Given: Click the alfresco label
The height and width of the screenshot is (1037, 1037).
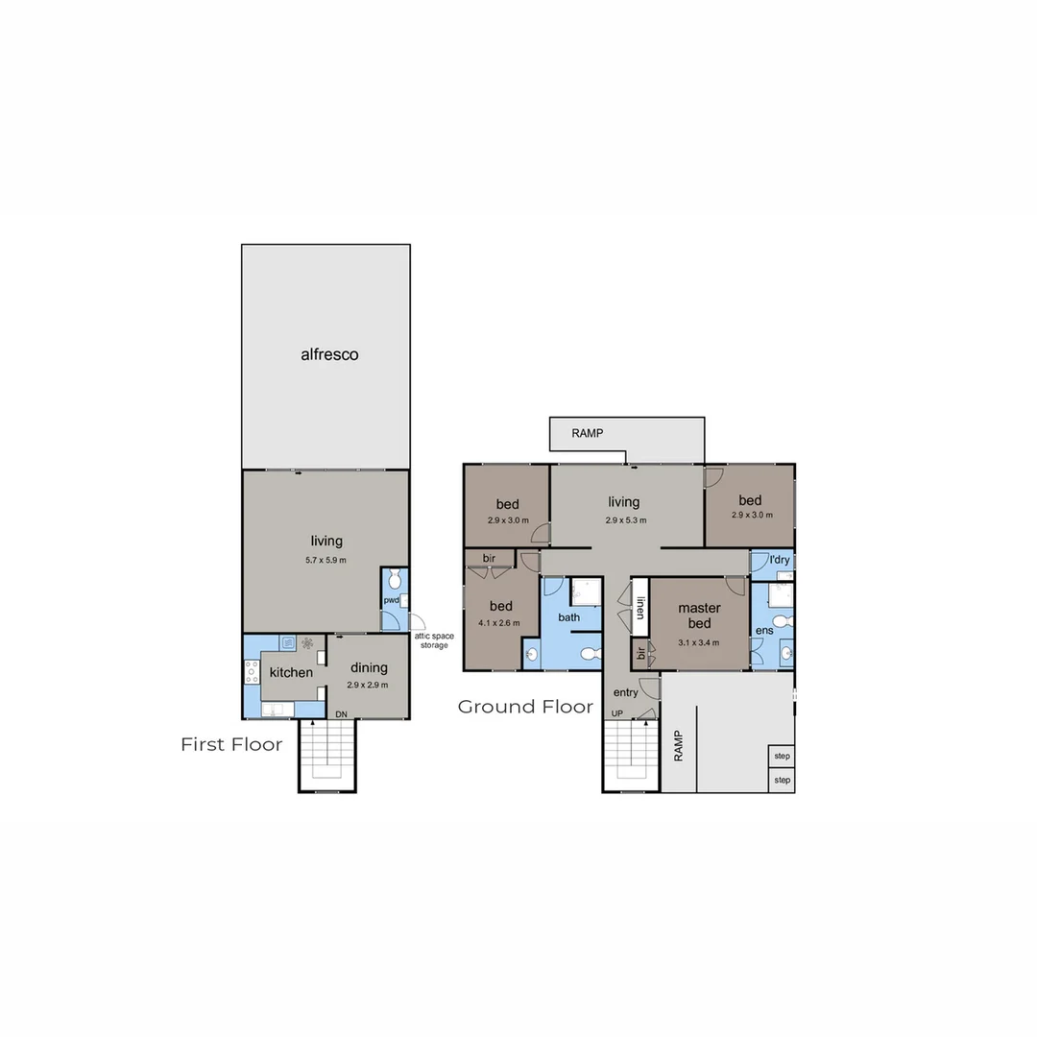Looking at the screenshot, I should click(329, 354).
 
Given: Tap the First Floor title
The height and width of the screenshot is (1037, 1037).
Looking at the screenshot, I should click(231, 744).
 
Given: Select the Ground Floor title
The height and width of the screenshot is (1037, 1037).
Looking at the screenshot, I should click(524, 707).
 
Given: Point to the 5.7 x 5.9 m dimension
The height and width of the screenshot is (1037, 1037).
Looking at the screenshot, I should click(326, 560).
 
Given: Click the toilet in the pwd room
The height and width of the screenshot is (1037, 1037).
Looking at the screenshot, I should click(393, 580).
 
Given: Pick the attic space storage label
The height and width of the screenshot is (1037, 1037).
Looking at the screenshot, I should click(434, 640).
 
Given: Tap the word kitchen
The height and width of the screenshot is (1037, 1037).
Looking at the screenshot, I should click(290, 672).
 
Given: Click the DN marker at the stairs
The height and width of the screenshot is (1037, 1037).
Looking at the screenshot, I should click(341, 714).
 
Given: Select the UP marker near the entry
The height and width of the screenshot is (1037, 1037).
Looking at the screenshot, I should click(616, 713).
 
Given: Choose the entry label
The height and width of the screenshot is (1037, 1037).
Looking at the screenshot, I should click(625, 692).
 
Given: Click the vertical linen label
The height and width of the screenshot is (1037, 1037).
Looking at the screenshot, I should click(639, 608).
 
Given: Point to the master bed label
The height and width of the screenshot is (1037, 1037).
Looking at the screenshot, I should click(699, 615).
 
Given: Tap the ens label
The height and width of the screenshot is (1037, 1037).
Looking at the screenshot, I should click(763, 631).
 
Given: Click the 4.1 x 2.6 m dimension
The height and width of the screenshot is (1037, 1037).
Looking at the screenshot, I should click(500, 623).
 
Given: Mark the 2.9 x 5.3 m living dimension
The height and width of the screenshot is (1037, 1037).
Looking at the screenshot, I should click(625, 520).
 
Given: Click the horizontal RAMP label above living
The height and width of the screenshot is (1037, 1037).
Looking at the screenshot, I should click(587, 433).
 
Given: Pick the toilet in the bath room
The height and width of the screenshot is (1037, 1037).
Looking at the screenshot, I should click(591, 654).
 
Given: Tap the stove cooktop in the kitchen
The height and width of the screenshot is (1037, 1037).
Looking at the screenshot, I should click(253, 672).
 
